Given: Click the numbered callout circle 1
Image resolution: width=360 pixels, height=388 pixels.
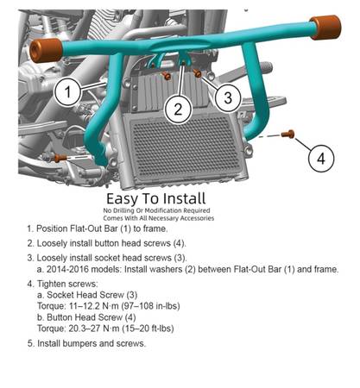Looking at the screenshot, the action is (x=67, y=91).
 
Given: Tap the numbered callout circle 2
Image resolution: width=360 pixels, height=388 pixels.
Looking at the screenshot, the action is (x=178, y=110).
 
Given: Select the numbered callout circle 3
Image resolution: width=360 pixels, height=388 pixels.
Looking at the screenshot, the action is (x=228, y=97).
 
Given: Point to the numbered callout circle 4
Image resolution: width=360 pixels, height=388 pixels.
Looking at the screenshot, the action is (x=321, y=158).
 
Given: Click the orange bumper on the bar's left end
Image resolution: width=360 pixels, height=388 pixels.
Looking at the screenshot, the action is (x=46, y=50).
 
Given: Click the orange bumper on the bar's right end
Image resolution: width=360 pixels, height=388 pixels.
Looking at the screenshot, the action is (x=325, y=28).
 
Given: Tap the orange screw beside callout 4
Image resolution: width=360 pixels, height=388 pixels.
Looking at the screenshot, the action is (x=288, y=134).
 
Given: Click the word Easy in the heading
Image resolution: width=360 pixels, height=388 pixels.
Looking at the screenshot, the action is (x=123, y=199).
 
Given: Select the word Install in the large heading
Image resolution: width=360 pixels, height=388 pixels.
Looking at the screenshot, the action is (x=181, y=198).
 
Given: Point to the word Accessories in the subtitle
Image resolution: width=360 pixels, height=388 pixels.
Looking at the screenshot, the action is (x=198, y=218).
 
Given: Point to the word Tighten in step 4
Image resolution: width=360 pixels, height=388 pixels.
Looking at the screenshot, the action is (x=52, y=284).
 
